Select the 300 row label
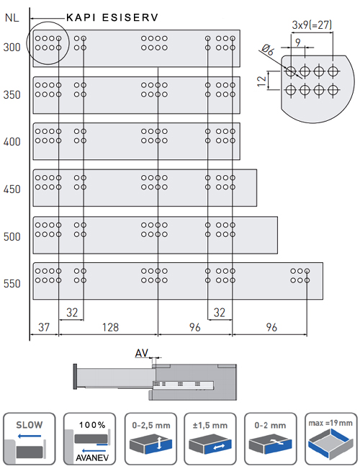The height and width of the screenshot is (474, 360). pos(12,48)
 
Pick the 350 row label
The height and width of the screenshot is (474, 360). pos(12,95)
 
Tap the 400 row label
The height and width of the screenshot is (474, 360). pos(12,142)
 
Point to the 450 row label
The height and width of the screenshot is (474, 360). pos(12,189)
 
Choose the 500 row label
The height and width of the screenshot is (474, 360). pos(12,236)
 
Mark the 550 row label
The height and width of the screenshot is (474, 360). pos(12,284)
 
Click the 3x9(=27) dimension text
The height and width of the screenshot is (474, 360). pos(312,24)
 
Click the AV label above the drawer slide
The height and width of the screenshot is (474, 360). pos(141,353)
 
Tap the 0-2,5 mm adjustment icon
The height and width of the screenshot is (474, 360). pos(149,439)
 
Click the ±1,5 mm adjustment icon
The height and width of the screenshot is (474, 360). pos(210,439)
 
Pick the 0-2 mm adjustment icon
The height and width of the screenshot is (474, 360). pos(270,439)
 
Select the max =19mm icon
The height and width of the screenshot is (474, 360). pos(330,439)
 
